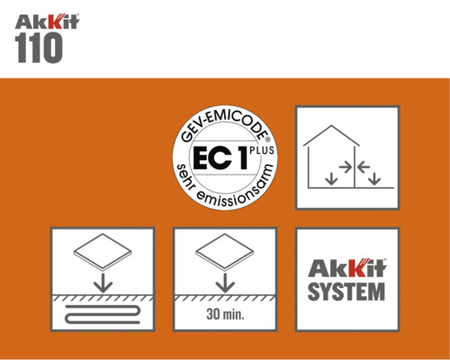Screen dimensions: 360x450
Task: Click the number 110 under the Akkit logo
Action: (x=40, y=48)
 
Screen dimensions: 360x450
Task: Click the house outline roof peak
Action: (x=334, y=125)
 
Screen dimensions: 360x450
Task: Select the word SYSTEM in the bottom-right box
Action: (x=347, y=292)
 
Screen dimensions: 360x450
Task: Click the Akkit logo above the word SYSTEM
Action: (x=347, y=268)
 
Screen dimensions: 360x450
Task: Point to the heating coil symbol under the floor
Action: (x=102, y=315)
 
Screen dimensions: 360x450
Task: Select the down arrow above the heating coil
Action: (x=102, y=282)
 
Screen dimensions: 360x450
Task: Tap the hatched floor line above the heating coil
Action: (x=102, y=298)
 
